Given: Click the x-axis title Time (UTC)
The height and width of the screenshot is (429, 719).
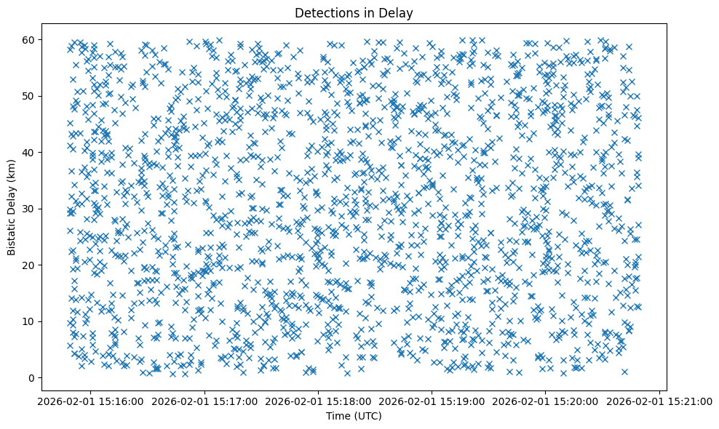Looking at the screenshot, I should click(x=353, y=416).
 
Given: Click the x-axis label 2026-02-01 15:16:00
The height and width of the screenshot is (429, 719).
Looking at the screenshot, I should click(x=91, y=401).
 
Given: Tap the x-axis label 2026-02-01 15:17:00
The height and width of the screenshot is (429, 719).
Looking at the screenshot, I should click(x=204, y=401).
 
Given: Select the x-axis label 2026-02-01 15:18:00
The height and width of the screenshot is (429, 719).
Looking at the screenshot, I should click(x=318, y=401).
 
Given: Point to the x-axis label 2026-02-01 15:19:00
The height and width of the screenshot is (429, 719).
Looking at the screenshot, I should click(x=432, y=401).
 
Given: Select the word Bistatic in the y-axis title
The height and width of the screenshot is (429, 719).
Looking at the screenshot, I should click(x=12, y=233).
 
